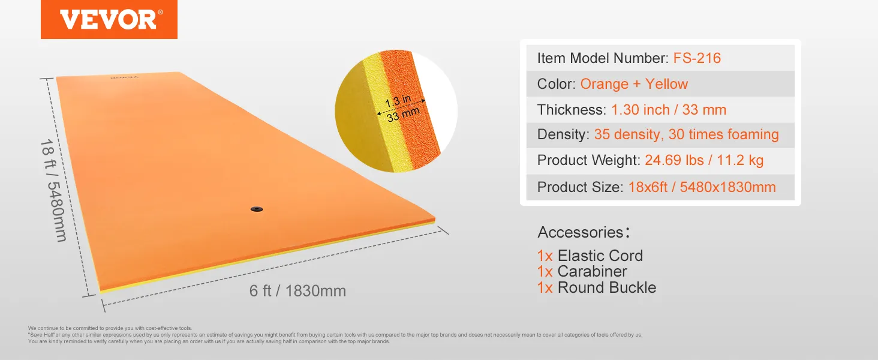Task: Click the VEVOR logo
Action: coord(109,19)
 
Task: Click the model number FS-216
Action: coord(697,58)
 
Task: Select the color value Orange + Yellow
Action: coord(634,84)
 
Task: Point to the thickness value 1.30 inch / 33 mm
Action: coord(668,110)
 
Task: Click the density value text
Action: coord(686,134)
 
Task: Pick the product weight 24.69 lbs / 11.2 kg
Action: coord(703,160)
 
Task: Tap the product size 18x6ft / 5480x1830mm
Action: coord(702,187)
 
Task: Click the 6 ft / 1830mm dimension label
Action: coord(297,291)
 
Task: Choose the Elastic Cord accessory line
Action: coord(590,256)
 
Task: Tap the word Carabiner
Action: coord(592,272)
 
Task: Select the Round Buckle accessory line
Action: coord(597,287)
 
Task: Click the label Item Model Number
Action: coord(602,58)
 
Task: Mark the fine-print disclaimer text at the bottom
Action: coord(335,335)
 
